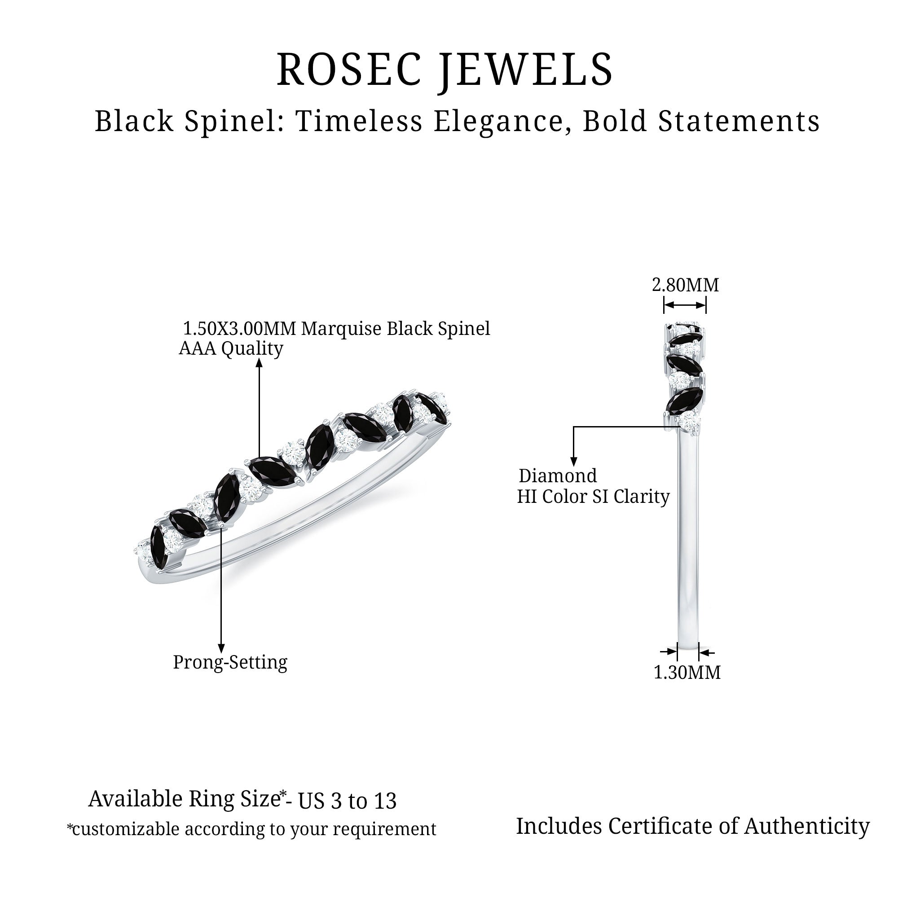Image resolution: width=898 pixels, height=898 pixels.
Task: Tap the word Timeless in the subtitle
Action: (x=359, y=121)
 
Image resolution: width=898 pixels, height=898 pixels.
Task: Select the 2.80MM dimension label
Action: (x=685, y=285)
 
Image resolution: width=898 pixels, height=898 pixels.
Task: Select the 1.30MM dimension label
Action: (x=687, y=673)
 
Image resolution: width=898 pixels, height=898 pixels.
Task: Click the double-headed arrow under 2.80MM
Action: (x=685, y=305)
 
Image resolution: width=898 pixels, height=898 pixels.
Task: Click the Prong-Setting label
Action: (x=230, y=662)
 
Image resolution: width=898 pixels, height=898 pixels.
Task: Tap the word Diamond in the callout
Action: (x=557, y=476)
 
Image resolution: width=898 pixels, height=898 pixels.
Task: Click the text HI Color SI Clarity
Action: (x=593, y=497)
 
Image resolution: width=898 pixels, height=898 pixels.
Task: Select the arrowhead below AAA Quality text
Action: (x=260, y=362)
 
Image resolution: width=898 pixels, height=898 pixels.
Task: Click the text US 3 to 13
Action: (x=347, y=801)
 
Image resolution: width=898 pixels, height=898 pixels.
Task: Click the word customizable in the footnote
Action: (x=126, y=829)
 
